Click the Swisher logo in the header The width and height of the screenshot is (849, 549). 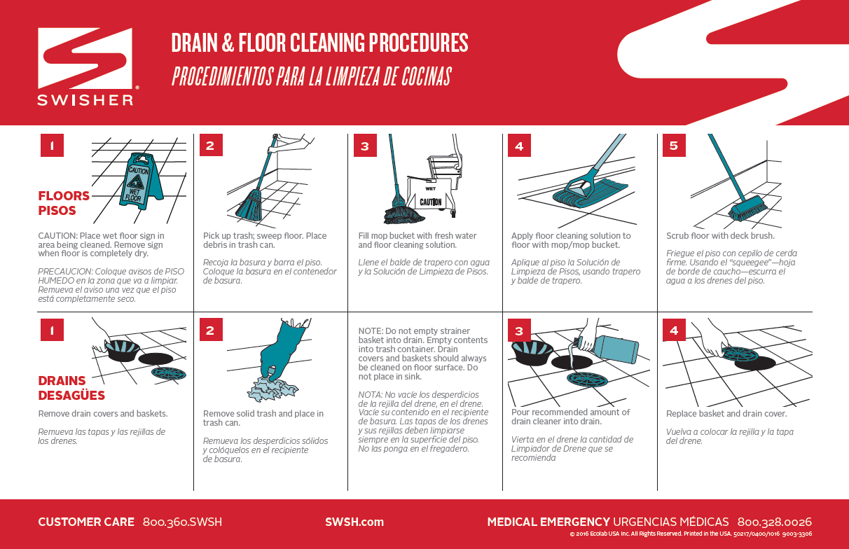click(x=85, y=67)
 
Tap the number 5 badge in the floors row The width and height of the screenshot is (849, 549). click(x=674, y=146)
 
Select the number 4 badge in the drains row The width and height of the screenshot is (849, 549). click(x=674, y=330)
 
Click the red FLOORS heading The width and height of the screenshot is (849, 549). click(x=64, y=196)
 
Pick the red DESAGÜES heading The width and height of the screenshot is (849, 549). click(x=71, y=395)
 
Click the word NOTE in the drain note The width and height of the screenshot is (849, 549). click(x=370, y=331)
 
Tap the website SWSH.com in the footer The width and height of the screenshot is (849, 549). click(x=354, y=522)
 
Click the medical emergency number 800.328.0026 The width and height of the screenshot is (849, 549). click(x=774, y=522)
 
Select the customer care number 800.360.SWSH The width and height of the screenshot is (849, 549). click(x=182, y=522)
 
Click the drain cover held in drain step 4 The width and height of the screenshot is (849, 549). click(x=740, y=354)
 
